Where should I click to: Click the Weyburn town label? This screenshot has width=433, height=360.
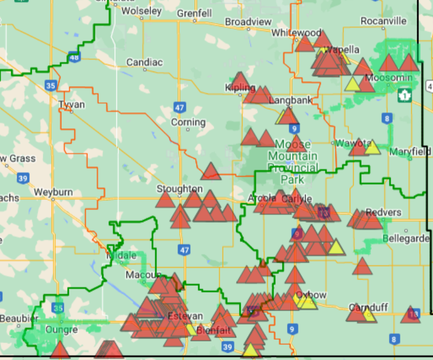point(53,192)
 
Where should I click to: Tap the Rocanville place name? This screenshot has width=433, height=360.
point(384,21)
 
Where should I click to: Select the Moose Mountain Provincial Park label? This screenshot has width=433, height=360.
point(293,162)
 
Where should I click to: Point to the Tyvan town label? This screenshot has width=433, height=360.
point(71,104)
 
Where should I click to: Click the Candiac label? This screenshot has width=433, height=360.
point(144,62)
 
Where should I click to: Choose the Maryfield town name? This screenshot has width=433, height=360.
point(410,152)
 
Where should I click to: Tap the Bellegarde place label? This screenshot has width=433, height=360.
point(402,238)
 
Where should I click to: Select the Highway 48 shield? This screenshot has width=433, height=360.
point(74,57)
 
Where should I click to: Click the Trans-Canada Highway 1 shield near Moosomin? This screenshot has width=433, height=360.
point(404,95)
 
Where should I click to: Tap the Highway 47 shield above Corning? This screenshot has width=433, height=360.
point(179,107)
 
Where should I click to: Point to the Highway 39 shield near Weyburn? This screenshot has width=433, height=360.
point(23,179)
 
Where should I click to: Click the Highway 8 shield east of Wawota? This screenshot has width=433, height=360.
point(386,118)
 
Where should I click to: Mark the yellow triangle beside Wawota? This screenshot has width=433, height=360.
point(372,148)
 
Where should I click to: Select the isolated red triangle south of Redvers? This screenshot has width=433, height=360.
point(363,266)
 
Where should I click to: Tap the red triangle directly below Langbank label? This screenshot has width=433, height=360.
point(288,116)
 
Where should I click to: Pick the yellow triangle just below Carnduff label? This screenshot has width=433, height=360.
point(368,315)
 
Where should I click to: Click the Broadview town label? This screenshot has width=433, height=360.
point(248,21)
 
